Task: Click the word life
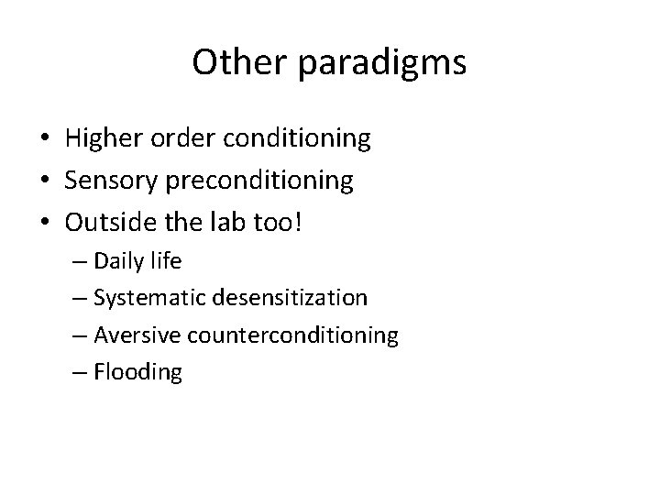click(x=166, y=261)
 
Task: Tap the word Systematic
click(x=140, y=298)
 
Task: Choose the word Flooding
click(x=137, y=372)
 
